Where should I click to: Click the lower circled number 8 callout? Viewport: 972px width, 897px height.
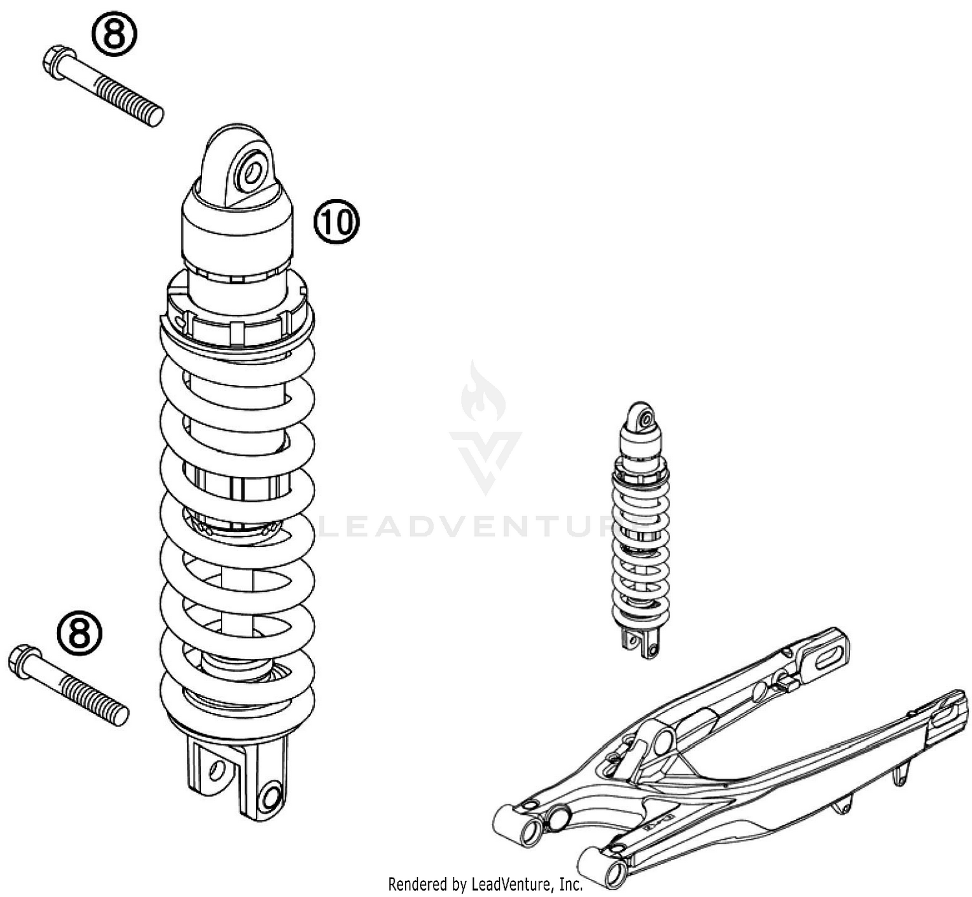(80, 633)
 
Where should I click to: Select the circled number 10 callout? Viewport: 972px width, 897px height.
(336, 222)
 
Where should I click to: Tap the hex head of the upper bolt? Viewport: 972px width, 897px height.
(56, 63)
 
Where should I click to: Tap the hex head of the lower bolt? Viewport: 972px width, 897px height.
(22, 661)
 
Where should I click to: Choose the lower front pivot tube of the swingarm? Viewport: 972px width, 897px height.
(601, 866)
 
